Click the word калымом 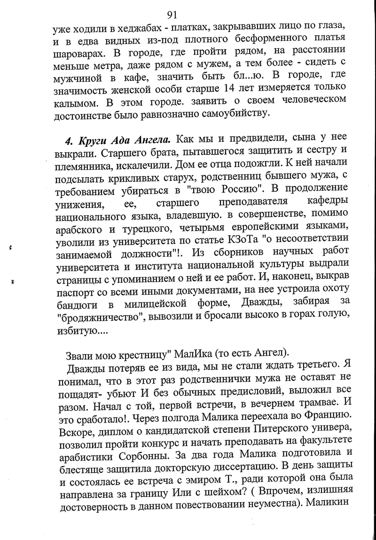(74, 100)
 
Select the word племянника (83, 165)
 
